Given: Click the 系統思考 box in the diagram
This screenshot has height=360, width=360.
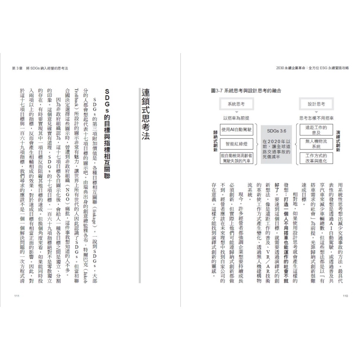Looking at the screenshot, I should (236, 104).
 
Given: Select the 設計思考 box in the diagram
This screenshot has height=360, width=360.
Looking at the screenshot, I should (316, 104).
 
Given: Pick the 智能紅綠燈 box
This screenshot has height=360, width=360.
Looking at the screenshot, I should (236, 144).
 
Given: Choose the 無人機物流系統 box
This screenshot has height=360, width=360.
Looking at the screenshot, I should (316, 144).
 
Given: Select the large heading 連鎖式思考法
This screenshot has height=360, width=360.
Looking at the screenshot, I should (145, 114).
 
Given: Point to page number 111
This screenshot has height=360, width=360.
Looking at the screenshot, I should (17, 296).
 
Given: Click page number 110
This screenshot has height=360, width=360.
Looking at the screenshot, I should (345, 296).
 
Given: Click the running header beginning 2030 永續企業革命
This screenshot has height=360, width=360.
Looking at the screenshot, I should (313, 68).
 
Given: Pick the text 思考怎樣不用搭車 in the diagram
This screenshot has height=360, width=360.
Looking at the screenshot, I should (316, 118).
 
